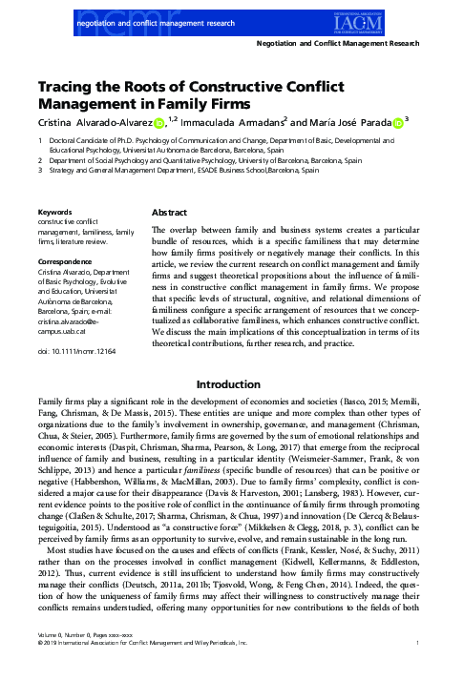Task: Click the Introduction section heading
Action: (231, 385)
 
